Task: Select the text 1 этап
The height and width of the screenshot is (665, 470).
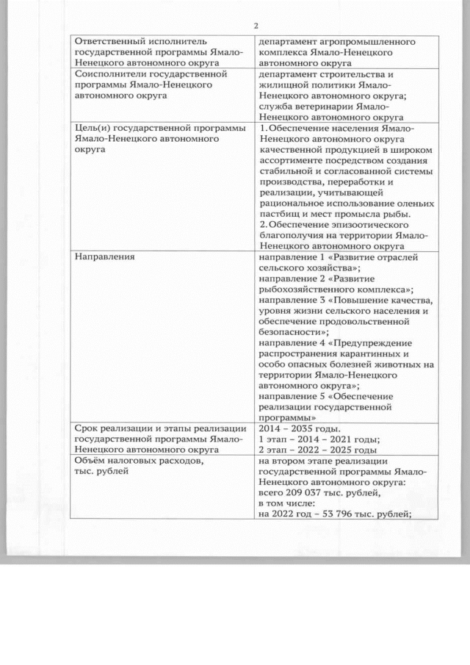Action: click(x=275, y=439)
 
